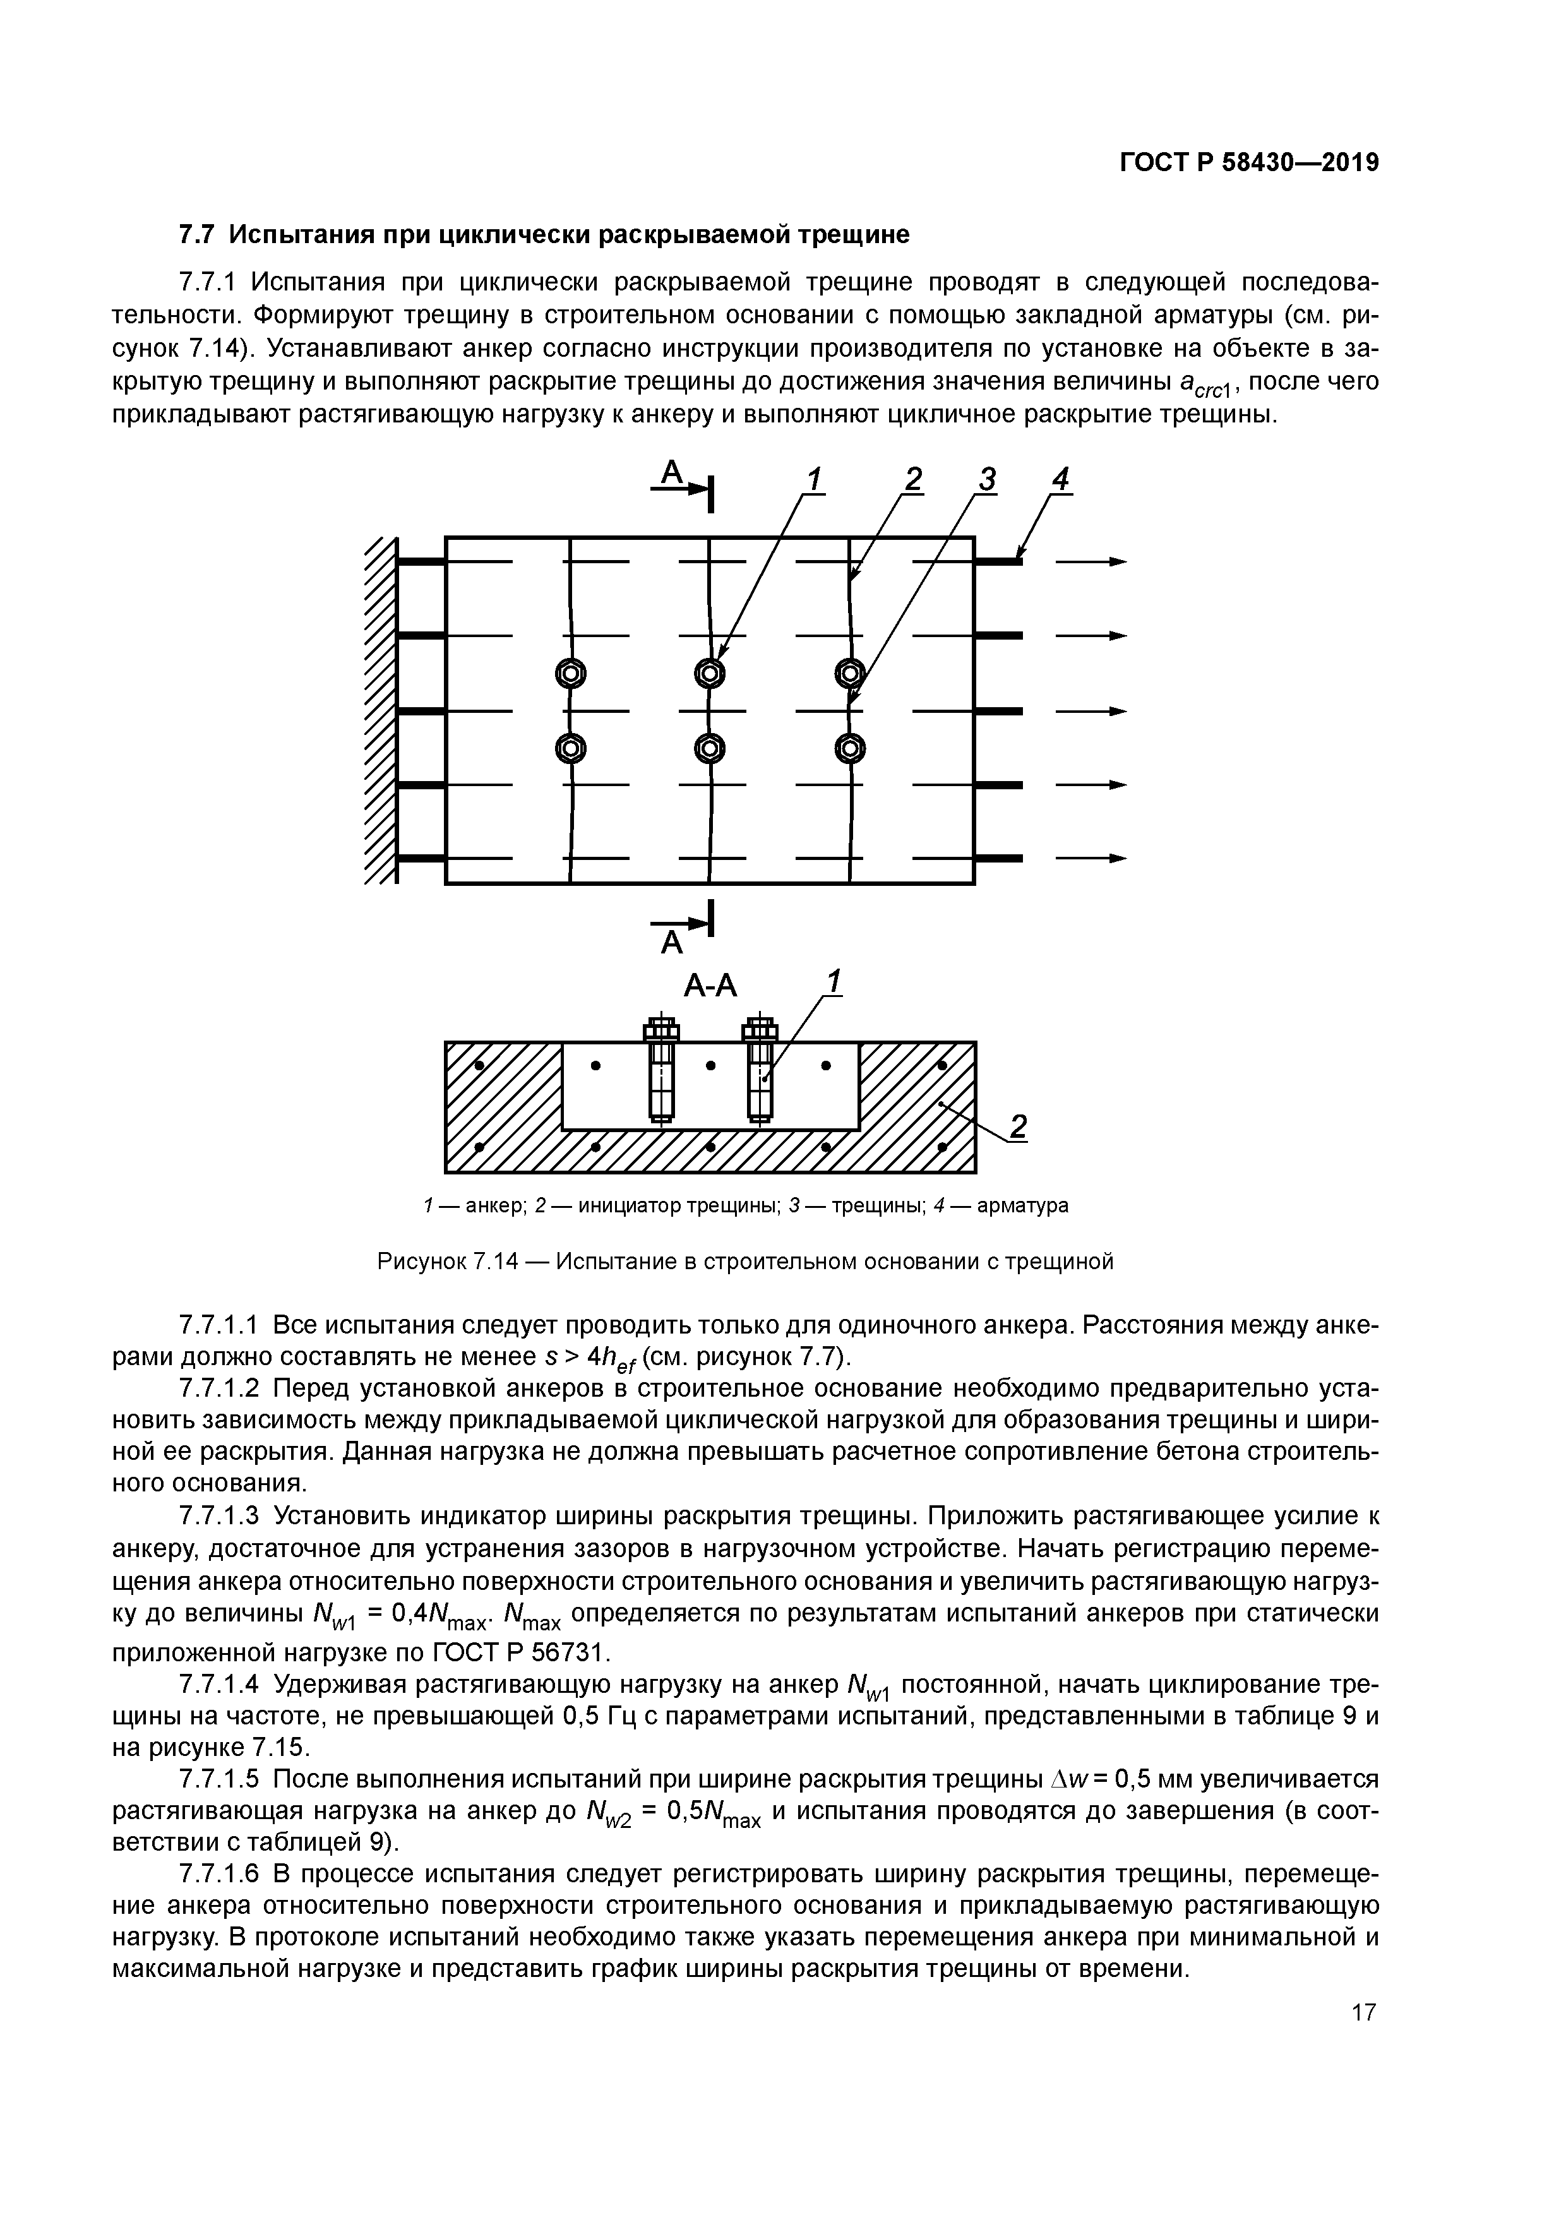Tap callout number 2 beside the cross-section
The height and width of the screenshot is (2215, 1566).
(x=1017, y=1126)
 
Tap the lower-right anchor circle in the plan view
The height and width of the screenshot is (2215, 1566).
(x=850, y=748)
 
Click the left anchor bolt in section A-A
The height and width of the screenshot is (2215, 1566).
(x=661, y=1069)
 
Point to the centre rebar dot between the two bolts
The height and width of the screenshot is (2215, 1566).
(x=710, y=1066)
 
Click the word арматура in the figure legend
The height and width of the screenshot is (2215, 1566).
(x=1023, y=1206)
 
